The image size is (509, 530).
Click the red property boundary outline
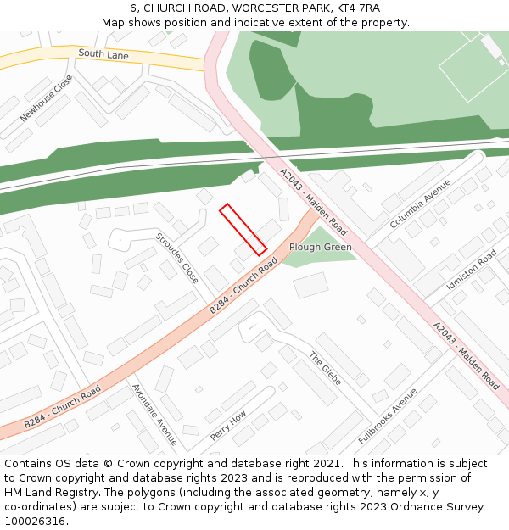click(x=243, y=229)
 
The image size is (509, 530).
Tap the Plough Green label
click(x=320, y=248)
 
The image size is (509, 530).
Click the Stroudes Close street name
click(x=177, y=258)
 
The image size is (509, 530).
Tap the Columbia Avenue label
click(x=420, y=204)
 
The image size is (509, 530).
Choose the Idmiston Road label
click(x=472, y=271)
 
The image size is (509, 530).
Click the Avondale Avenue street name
click(x=154, y=415)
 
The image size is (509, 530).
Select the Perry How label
click(x=228, y=426)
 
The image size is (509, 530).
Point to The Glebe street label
click(x=325, y=369)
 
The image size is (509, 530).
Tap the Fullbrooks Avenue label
click(x=388, y=416)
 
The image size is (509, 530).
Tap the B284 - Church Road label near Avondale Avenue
click(x=62, y=407)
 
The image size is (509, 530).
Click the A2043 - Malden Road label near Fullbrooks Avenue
click(x=466, y=356)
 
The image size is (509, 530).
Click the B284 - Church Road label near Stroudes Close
click(x=244, y=286)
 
